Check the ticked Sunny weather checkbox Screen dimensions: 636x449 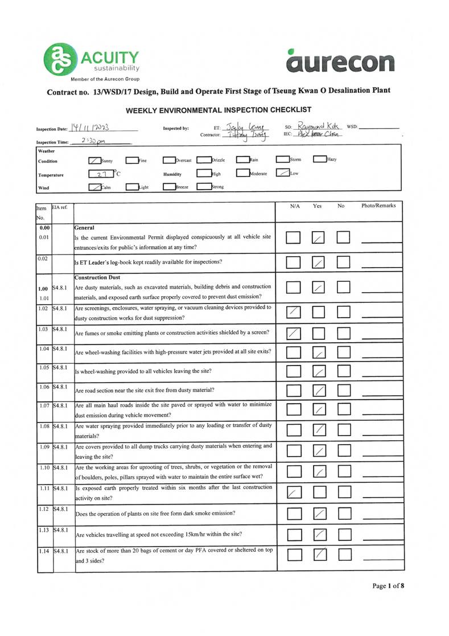click(x=95, y=161)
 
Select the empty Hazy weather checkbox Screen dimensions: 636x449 click(x=319, y=160)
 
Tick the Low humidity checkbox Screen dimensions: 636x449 click(x=282, y=173)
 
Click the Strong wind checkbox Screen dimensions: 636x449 click(x=204, y=186)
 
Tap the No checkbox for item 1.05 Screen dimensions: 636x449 click(x=344, y=372)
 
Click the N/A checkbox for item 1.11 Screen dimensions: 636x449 click(x=293, y=493)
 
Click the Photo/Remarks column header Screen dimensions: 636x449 click(x=378, y=206)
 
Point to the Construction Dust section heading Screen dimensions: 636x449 click(x=97, y=277)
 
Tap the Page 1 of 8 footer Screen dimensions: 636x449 click(x=388, y=585)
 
